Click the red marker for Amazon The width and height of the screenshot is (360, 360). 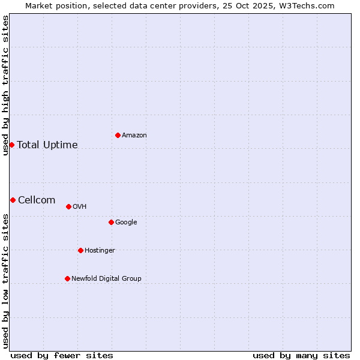[x=118, y=135]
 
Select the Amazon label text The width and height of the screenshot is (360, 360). [x=134, y=136]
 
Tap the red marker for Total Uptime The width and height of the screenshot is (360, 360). [x=11, y=145]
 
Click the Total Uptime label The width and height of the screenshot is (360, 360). [x=47, y=145]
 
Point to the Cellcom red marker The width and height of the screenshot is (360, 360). [x=13, y=200]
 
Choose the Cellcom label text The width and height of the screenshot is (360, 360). [x=37, y=200]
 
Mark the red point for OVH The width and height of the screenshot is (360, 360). [x=68, y=206]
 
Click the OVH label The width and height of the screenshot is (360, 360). [x=80, y=207]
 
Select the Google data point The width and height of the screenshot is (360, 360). [x=111, y=222]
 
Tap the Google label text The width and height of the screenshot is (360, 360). [x=126, y=223]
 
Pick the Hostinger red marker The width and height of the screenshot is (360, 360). [x=80, y=250]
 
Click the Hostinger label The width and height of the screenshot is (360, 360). [x=100, y=251]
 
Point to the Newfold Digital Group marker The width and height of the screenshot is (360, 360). [x=67, y=278]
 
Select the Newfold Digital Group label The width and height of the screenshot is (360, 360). [x=106, y=279]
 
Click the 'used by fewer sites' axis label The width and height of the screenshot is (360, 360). [x=62, y=355]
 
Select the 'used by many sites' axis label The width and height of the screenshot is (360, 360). [x=301, y=355]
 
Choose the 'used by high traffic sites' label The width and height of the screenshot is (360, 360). [x=5, y=85]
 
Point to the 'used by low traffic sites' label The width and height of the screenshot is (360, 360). [x=5, y=281]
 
